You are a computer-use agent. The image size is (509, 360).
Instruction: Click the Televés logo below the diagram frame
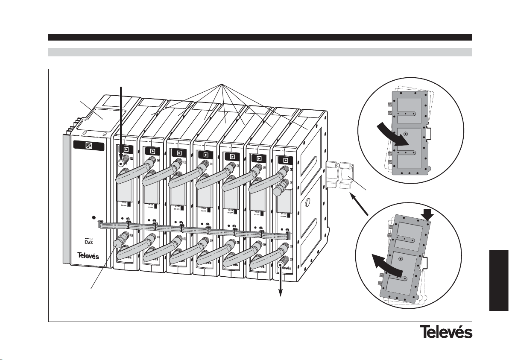(446, 332)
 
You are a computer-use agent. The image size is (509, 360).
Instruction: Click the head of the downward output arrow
(281, 293)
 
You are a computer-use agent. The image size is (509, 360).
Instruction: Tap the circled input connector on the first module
(121, 163)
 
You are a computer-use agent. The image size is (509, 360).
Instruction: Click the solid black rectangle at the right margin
(498, 280)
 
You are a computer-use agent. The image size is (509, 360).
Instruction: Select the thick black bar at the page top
(260, 37)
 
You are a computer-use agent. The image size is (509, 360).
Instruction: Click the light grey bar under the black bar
(260, 52)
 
